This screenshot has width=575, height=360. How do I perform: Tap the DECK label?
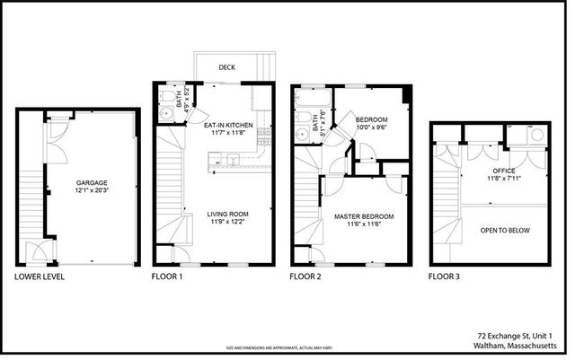(227, 66)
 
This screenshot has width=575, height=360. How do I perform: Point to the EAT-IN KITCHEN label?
(227, 125)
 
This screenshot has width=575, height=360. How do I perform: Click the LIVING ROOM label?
(227, 214)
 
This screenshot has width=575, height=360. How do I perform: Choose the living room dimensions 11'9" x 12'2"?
(227, 223)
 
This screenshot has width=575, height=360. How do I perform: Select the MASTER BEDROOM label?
(365, 216)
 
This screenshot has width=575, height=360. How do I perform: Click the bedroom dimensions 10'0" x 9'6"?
(371, 127)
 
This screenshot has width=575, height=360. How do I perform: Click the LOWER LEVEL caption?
(40, 277)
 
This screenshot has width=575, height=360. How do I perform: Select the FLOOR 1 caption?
(166, 277)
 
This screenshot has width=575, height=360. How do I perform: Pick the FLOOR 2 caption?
(305, 277)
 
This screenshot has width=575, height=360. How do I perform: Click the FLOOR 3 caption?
(444, 277)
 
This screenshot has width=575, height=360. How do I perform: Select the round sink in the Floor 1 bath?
(165, 114)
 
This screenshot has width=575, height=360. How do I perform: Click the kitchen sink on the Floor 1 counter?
(231, 161)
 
